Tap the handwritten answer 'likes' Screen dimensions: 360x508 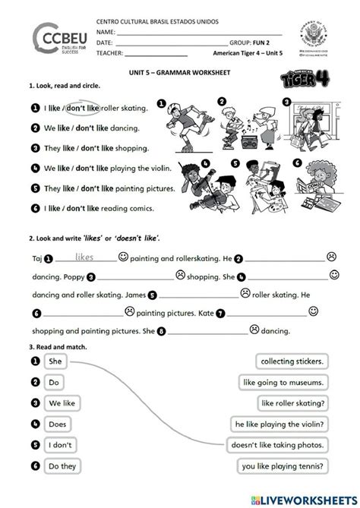pos(85,257)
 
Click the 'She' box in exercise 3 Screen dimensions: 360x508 pos(55,361)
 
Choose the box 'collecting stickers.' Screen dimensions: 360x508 pos(292,361)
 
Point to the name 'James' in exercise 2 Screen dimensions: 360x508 pos(132,295)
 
